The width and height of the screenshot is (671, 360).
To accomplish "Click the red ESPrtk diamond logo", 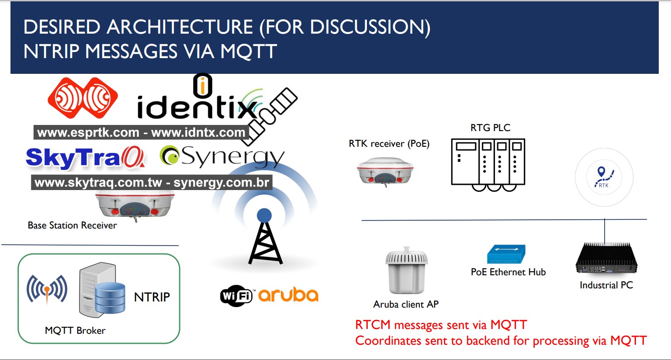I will [x=83, y=98].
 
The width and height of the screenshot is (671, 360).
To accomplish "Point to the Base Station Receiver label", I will [x=72, y=225].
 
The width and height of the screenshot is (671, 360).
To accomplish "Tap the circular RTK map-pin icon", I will [x=604, y=177].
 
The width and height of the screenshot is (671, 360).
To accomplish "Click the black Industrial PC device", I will [x=606, y=259].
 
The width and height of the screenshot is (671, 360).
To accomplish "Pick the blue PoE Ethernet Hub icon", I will [x=506, y=254].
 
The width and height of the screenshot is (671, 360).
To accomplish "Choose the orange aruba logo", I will [x=288, y=295].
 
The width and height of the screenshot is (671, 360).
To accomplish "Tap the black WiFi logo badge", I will [x=236, y=296].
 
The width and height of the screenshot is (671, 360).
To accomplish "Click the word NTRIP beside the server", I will [x=152, y=297].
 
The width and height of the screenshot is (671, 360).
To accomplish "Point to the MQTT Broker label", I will [x=75, y=330].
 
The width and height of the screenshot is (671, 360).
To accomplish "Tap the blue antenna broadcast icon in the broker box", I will [x=47, y=289].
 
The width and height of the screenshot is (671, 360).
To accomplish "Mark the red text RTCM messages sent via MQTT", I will [x=441, y=325].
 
